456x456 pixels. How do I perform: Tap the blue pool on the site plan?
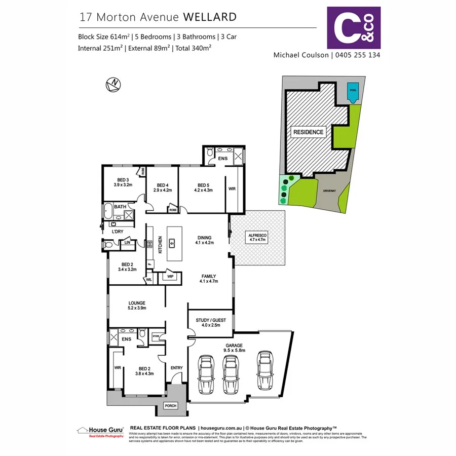352,92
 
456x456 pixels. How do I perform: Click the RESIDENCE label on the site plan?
308,132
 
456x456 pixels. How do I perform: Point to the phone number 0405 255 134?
357,54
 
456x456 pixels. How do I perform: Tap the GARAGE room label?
235,345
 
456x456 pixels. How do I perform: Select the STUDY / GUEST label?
210,320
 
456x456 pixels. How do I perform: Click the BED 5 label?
203,185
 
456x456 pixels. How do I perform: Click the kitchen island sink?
172,243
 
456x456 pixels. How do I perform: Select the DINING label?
205,237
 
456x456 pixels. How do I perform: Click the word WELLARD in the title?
209,17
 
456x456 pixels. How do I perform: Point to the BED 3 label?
123,180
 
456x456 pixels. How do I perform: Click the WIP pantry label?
170,277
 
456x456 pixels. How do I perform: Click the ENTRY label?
176,368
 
